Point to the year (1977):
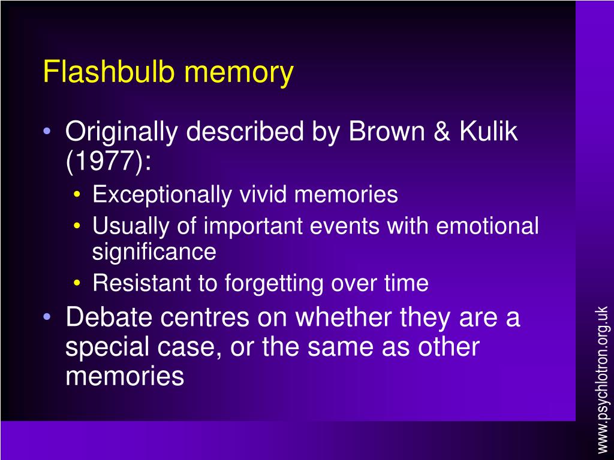pos(109,161)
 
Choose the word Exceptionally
pos(162,195)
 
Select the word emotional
pos(487,226)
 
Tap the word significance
pos(153,252)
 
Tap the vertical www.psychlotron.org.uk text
pos(602,379)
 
